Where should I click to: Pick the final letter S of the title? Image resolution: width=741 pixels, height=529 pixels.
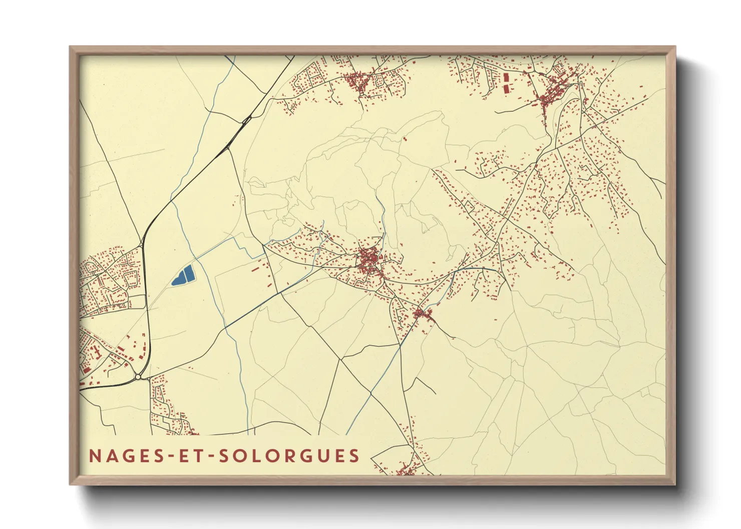[355, 456]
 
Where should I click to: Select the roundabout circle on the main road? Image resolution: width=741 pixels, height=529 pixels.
[138, 376]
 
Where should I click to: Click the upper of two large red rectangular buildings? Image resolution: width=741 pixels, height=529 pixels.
[505, 77]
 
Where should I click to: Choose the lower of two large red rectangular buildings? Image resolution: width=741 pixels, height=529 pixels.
[505, 88]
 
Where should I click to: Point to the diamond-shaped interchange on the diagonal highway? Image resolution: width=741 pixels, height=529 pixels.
[246, 120]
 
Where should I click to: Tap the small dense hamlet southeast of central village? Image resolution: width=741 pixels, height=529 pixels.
[422, 314]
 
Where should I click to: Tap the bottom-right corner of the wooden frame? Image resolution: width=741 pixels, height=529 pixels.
[675, 484]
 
